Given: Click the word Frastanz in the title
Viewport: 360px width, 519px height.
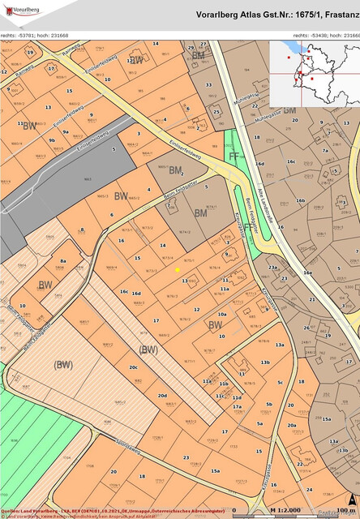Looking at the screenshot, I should coord(334,15).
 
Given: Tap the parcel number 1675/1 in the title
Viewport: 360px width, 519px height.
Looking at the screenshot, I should coord(288,15).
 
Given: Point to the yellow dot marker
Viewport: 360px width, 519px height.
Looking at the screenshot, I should coord(178,269).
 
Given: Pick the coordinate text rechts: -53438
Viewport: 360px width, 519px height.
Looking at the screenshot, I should coord(311,36).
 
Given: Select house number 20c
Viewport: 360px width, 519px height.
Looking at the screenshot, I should coord(133,367).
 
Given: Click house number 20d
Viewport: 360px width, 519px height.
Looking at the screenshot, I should coord(162,396).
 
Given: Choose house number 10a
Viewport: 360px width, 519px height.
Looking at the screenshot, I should coord(221,314).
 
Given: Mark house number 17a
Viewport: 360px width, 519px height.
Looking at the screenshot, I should coord(238,407).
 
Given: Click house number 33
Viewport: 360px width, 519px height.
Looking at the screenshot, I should coord(208,84).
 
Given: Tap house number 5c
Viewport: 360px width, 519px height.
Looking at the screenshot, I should coord(280,381).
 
